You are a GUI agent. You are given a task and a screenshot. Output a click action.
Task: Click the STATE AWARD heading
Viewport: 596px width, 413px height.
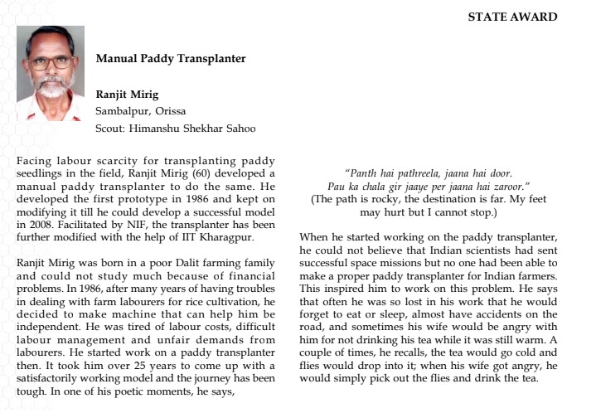click(512, 17)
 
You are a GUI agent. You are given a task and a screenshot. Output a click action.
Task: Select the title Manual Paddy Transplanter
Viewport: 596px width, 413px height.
click(170, 59)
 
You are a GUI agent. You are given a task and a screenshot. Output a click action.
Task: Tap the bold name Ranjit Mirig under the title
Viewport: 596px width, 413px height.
click(128, 94)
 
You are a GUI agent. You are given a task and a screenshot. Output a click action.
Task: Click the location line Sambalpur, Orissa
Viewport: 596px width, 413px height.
click(141, 110)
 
